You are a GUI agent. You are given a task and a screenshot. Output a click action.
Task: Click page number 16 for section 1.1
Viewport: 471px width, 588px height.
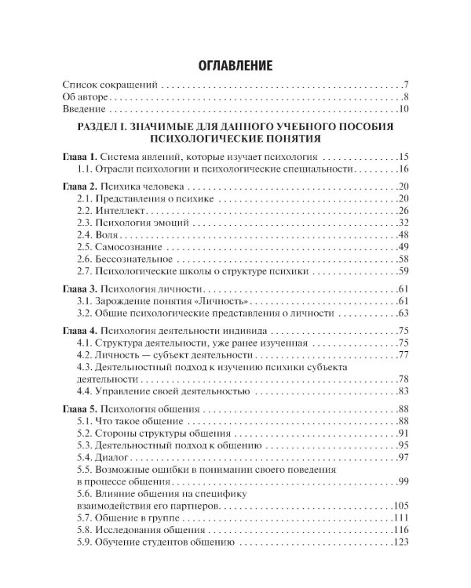(403, 169)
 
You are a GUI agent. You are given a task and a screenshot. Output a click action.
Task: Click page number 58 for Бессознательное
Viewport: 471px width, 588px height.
(403, 260)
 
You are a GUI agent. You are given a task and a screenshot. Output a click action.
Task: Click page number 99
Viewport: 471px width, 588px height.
(403, 481)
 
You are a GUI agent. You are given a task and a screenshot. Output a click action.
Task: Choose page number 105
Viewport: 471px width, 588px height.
(401, 506)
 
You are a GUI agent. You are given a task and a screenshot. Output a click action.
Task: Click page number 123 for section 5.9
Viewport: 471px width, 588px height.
(401, 543)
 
